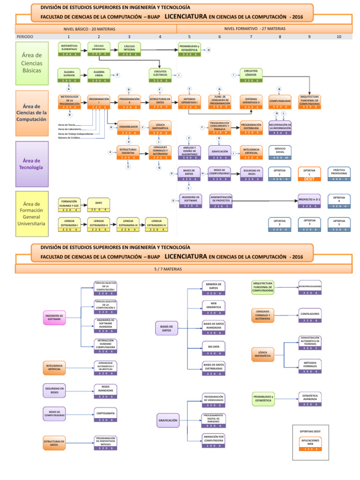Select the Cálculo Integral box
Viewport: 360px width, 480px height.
click(129, 50)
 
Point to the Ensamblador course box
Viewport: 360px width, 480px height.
click(128, 129)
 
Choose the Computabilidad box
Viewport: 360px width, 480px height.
click(280, 103)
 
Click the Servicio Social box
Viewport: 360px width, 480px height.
click(280, 153)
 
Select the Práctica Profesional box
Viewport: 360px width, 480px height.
click(339, 174)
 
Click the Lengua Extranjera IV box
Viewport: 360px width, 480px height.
click(157, 225)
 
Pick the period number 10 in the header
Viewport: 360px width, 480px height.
click(339, 36)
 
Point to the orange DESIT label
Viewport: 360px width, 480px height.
click(309, 179)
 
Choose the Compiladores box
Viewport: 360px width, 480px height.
click(310, 316)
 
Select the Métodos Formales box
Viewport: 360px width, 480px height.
click(310, 366)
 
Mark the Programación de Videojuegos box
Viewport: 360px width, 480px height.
click(214, 400)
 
